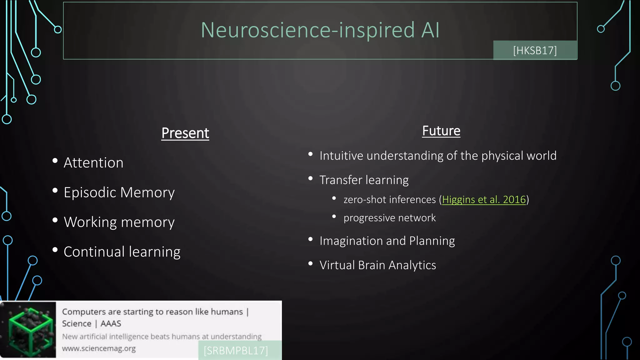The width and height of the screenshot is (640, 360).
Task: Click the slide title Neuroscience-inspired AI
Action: pos(320,30)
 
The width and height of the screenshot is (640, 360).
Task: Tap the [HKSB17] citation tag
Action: pos(535,50)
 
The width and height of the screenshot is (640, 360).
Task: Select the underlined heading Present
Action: pos(185,133)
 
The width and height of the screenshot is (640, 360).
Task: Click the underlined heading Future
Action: pos(441,131)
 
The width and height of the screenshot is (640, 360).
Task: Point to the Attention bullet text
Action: pos(93,163)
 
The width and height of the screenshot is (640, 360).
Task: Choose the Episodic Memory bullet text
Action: pos(119,192)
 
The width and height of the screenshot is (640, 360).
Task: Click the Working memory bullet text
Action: pos(119,222)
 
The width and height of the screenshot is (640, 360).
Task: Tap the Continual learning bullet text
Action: pos(122,252)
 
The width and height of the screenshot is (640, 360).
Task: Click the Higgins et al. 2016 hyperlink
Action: pos(484,199)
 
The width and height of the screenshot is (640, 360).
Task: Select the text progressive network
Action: pos(389,218)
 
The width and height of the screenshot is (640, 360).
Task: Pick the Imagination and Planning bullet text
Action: pos(387,241)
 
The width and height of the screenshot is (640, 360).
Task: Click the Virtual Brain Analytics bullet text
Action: pos(377,265)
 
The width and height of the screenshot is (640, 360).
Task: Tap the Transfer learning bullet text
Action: pos(364,180)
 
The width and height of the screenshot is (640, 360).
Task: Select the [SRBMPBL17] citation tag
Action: pos(236,351)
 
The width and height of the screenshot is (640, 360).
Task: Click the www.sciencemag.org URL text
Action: pos(99,348)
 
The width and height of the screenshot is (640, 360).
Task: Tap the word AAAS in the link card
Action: pos(111,323)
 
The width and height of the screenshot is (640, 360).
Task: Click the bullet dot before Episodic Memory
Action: pos(55,190)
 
